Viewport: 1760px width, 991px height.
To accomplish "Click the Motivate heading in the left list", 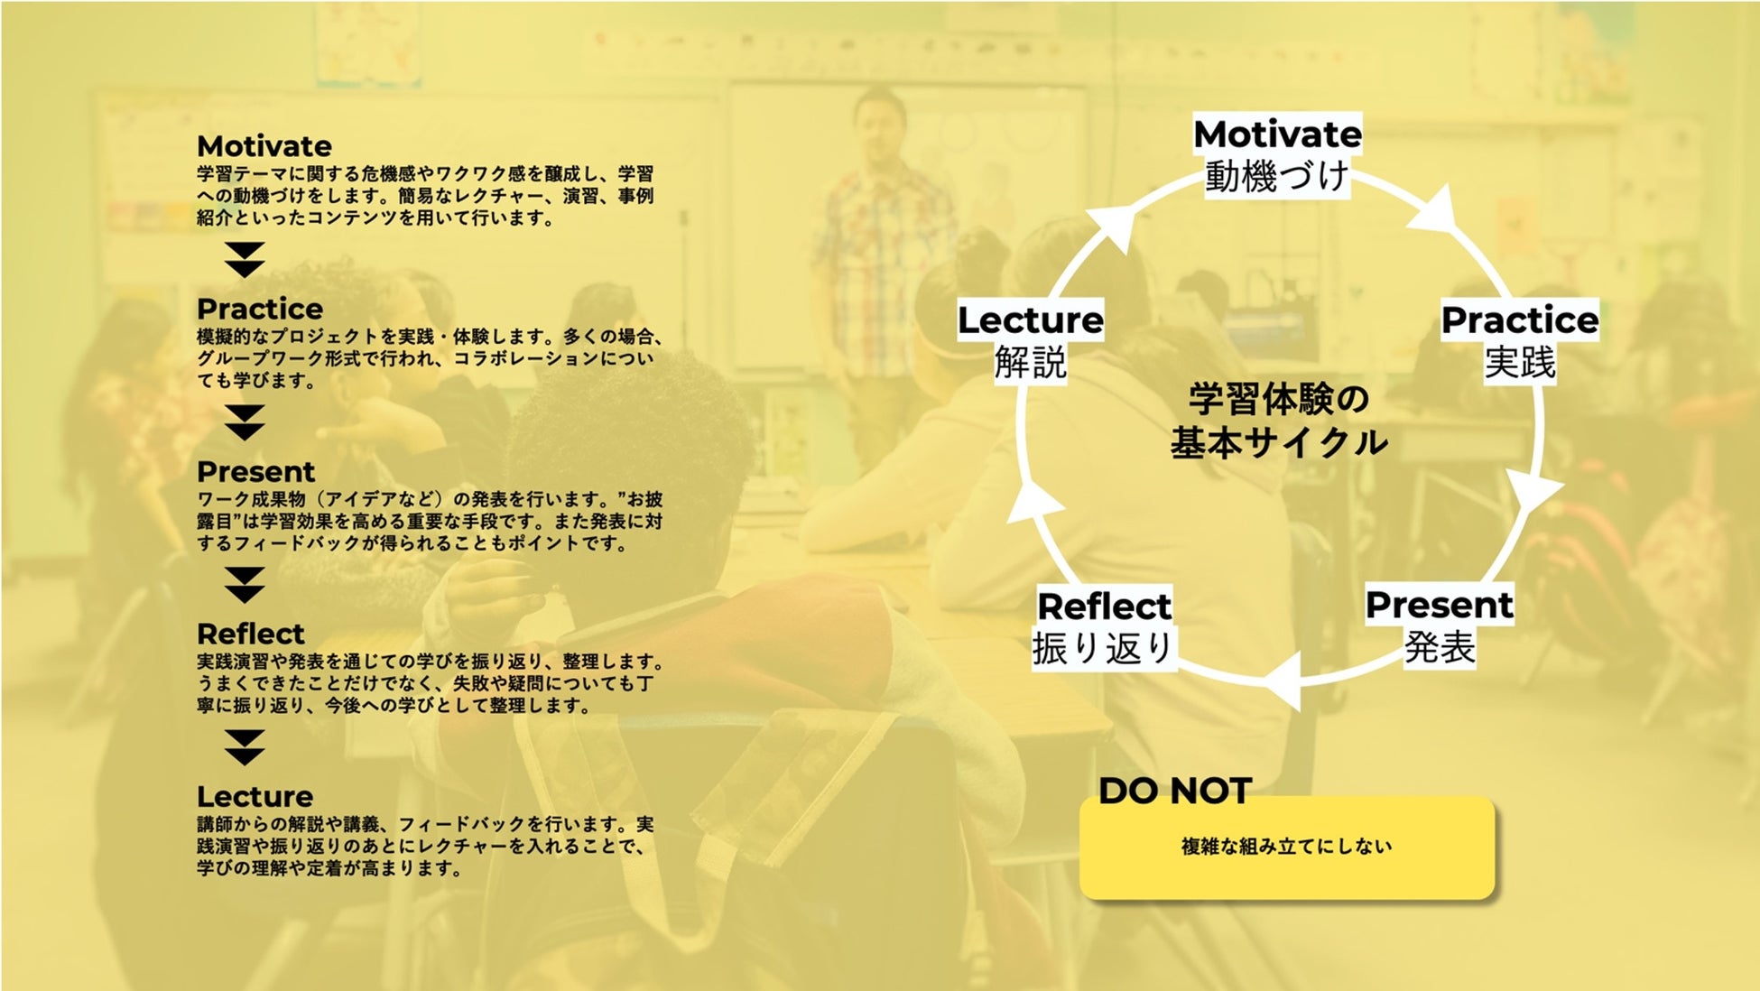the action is point(264,146).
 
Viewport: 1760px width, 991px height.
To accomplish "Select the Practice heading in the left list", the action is point(260,309).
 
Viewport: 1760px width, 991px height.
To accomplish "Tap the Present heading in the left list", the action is point(256,471).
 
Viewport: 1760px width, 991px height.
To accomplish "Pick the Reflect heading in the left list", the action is point(251,634).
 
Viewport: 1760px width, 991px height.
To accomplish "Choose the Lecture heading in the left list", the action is point(255,796).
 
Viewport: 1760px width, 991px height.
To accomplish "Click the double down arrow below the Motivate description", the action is point(245,260).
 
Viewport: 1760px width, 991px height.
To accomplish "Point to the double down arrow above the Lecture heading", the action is point(245,747).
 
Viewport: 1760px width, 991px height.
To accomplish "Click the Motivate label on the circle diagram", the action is point(1277,134).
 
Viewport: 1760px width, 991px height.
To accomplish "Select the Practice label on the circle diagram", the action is point(1520,320).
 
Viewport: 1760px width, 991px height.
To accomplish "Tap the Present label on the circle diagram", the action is point(1439,605).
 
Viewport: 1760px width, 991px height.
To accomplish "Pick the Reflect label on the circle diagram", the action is point(1104,607).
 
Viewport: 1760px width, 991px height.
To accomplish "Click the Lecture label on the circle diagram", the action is point(1030,320).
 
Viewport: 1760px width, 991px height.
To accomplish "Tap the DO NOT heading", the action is point(1175,792).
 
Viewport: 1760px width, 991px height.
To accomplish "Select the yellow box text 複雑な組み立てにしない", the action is point(1286,847).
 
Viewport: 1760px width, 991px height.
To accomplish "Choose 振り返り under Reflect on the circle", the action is point(1103,648).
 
